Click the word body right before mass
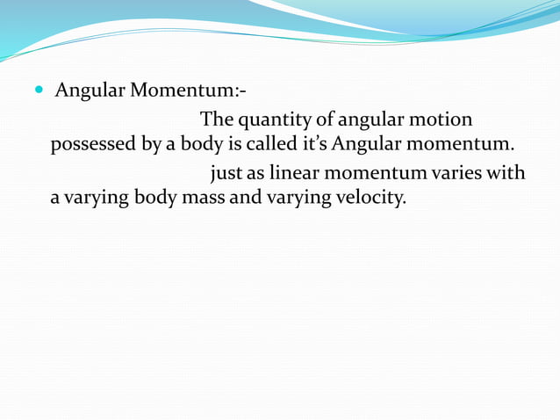point(155,198)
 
